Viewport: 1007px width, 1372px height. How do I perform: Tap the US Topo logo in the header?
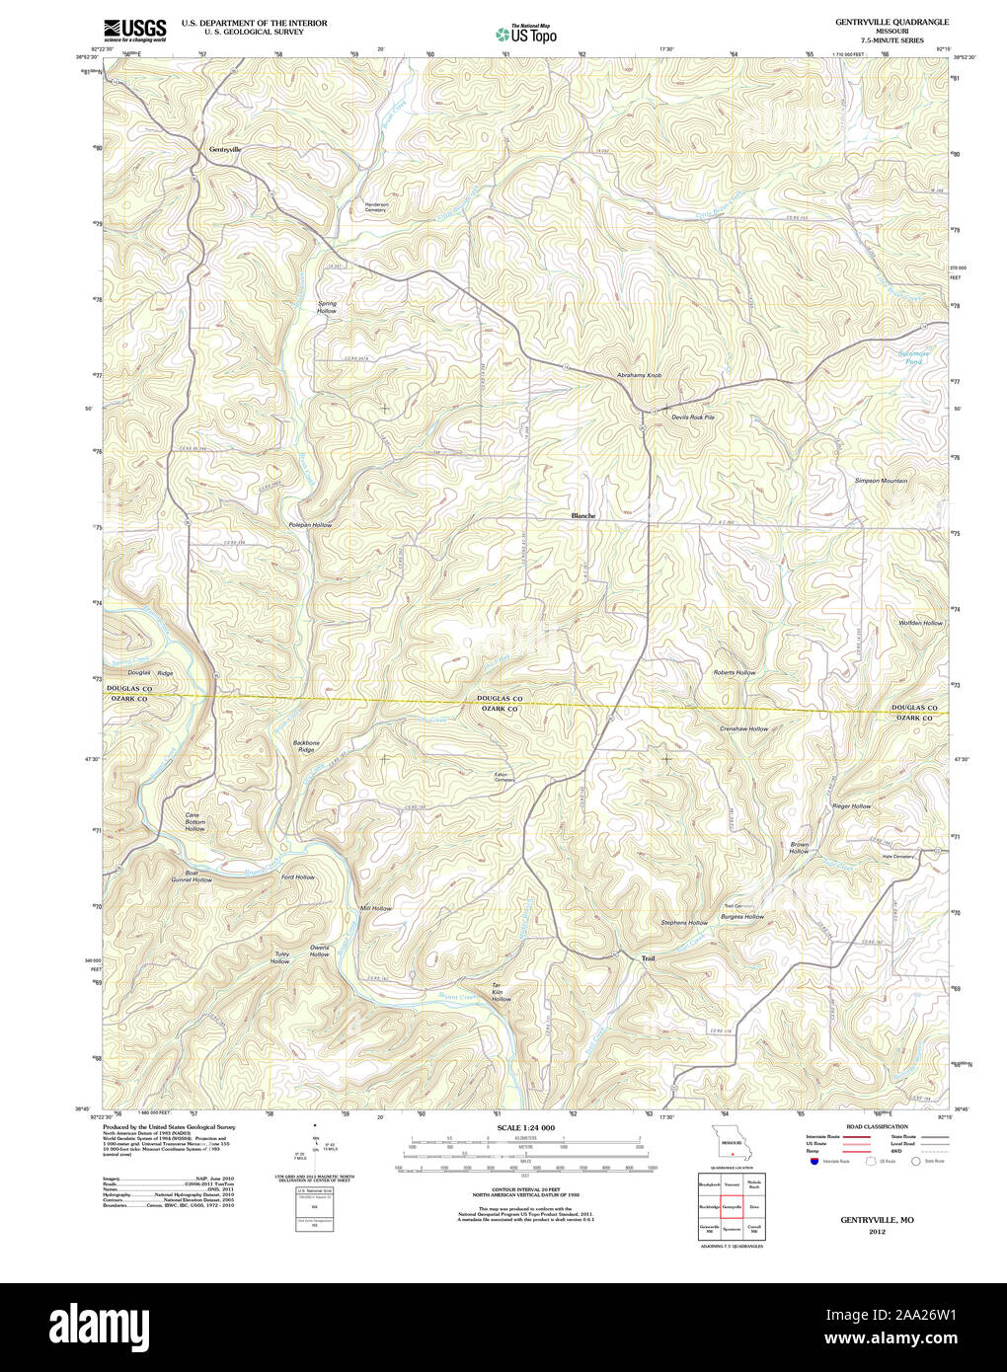click(x=526, y=34)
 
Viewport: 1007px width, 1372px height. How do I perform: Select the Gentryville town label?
click(x=224, y=149)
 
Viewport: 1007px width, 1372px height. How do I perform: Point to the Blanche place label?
click(x=583, y=515)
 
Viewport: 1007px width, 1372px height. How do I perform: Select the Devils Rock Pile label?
click(x=693, y=417)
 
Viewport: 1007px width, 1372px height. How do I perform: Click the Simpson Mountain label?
click(x=881, y=481)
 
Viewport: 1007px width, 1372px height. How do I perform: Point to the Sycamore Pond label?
click(x=913, y=358)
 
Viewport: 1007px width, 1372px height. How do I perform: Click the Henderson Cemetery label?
click(x=375, y=207)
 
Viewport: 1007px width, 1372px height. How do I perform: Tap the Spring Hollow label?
click(x=327, y=307)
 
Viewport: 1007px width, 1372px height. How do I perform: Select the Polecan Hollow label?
click(x=310, y=525)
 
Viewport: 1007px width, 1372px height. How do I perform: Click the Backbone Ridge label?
click(x=306, y=746)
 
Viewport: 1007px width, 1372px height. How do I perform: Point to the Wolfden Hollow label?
click(x=920, y=623)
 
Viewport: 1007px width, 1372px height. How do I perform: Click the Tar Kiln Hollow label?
click(x=502, y=992)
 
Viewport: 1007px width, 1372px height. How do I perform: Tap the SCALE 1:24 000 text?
click(x=525, y=1127)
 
